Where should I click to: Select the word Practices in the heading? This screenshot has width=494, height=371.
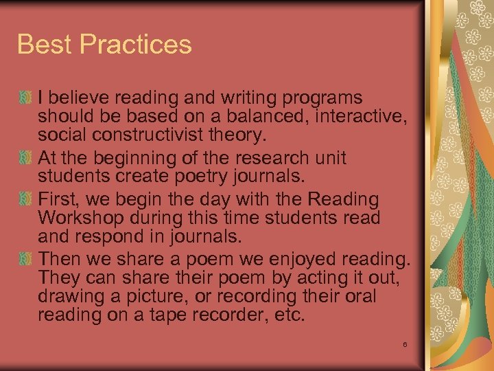tap(136, 45)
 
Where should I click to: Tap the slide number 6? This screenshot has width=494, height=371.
tap(405, 344)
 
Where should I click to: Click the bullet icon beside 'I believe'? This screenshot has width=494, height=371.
tap(26, 98)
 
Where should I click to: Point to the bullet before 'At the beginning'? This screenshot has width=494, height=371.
tap(26, 158)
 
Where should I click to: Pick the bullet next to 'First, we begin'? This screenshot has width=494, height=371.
tap(26, 199)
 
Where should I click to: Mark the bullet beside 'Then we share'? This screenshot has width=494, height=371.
tap(26, 260)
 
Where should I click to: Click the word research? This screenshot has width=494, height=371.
tap(261, 158)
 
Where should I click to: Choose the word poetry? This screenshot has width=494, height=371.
tap(193, 176)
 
